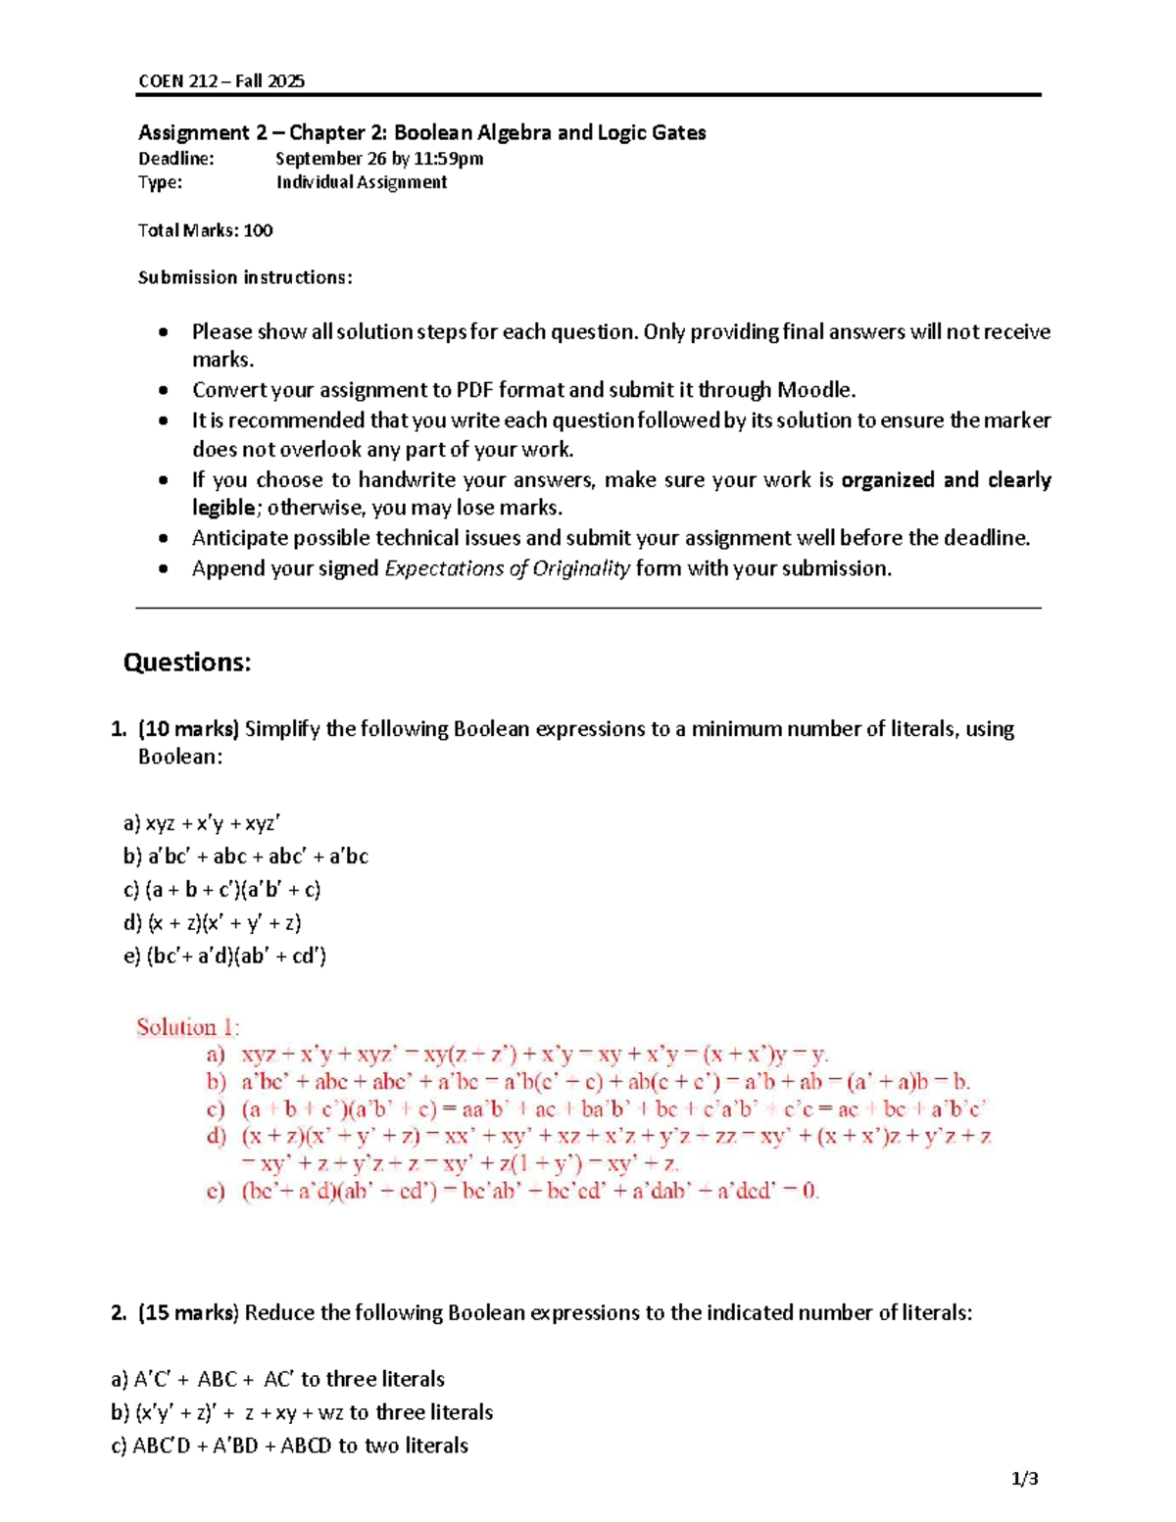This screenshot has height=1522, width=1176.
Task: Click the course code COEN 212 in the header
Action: pyautogui.click(x=178, y=81)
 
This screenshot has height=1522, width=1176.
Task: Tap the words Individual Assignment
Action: pyautogui.click(x=361, y=182)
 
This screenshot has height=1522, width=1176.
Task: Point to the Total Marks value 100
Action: pyautogui.click(x=258, y=230)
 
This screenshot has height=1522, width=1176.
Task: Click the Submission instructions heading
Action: pyautogui.click(x=245, y=277)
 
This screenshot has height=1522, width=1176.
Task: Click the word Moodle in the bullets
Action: pyautogui.click(x=814, y=390)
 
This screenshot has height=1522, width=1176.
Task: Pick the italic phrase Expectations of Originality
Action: pyautogui.click(x=507, y=568)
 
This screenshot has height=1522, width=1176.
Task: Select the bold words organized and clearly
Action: pyautogui.click(x=946, y=480)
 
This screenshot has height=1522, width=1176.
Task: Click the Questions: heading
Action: pyautogui.click(x=187, y=663)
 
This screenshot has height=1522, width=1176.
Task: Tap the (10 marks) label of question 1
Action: pyautogui.click(x=188, y=729)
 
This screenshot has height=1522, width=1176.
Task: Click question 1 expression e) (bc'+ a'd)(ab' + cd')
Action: pyautogui.click(x=224, y=956)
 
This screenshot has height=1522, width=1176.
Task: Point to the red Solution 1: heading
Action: pyautogui.click(x=187, y=1027)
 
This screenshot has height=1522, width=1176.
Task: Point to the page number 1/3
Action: pyautogui.click(x=1025, y=1479)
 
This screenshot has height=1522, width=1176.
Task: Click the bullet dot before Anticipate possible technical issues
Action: pyautogui.click(x=164, y=539)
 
